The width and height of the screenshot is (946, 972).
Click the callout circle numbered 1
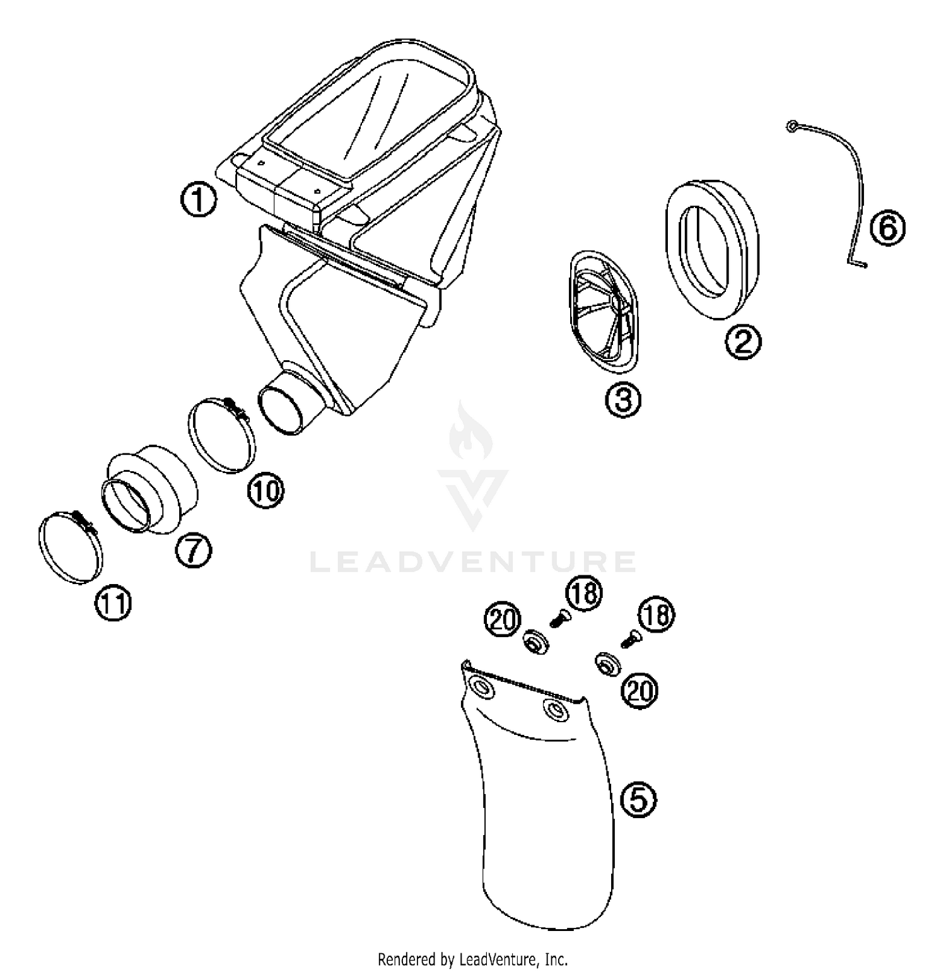coord(199,200)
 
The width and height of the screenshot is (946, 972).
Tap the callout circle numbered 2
coord(744,342)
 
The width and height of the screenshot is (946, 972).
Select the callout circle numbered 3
coord(623,399)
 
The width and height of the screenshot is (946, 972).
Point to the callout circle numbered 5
coord(639,800)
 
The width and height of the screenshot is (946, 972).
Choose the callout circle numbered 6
coord(887,228)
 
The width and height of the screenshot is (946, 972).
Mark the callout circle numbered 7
coord(193,551)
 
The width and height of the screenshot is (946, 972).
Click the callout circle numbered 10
coord(266,490)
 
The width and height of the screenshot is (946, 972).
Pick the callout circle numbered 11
coord(114,604)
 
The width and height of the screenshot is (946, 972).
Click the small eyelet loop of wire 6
coord(791,127)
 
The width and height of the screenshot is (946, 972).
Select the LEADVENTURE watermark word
coord(473,561)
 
